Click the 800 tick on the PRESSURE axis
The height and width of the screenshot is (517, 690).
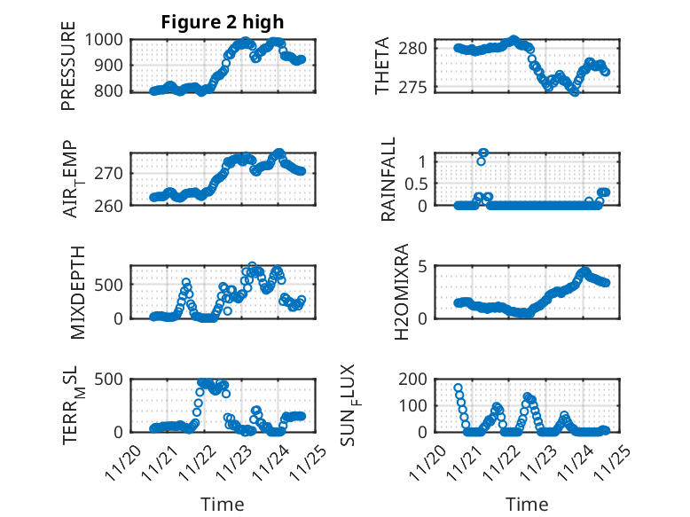[113, 91]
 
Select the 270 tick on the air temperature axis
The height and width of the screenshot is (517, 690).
[113, 173]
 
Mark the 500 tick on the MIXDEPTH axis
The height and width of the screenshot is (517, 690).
[113, 285]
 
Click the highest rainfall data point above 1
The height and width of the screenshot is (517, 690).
[483, 153]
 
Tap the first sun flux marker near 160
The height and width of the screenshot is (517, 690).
[458, 388]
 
